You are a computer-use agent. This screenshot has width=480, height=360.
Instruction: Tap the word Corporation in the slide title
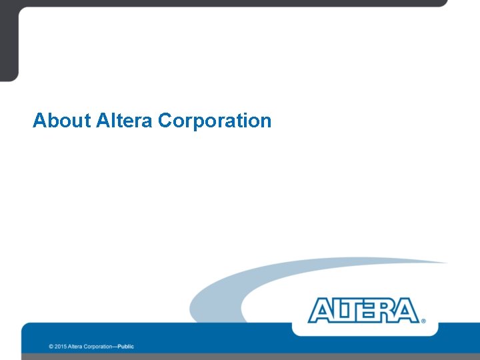[x=215, y=121]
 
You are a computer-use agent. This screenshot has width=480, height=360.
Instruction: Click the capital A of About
[x=39, y=121]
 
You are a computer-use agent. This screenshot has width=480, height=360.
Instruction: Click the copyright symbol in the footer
[x=51, y=347]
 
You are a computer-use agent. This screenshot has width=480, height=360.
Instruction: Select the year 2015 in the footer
[x=60, y=347]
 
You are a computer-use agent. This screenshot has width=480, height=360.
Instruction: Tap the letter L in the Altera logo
[x=337, y=311]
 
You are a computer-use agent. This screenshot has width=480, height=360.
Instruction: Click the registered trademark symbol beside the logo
[x=423, y=321]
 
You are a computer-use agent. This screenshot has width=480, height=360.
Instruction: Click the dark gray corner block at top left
[x=9, y=40]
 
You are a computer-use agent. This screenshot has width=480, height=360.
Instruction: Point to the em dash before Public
[x=115, y=347]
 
